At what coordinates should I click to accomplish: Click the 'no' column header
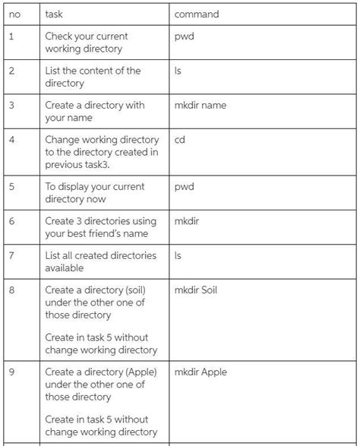tap(14, 14)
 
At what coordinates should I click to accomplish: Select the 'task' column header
tap(53, 14)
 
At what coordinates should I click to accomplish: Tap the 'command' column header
tap(196, 14)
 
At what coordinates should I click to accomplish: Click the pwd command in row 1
tap(184, 36)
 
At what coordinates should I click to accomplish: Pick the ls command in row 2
tap(178, 71)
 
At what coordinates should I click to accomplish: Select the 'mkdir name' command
tap(200, 106)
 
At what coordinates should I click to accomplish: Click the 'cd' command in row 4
tap(180, 140)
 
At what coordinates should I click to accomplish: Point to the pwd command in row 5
tap(184, 186)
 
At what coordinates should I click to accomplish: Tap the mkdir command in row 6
tap(186, 221)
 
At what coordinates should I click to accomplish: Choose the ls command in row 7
tap(178, 256)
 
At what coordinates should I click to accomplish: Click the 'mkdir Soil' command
tap(195, 290)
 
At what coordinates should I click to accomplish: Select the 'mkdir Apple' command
tap(201, 372)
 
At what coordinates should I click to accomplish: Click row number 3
tap(11, 106)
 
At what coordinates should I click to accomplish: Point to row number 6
tap(11, 221)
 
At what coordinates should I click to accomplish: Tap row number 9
tap(11, 372)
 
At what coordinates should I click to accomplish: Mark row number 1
tap(11, 36)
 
